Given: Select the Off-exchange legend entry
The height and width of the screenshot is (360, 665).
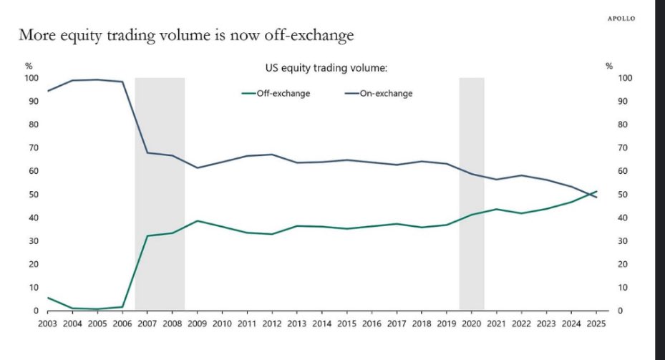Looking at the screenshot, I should coord(276,93).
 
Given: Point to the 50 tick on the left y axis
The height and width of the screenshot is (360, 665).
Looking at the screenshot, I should coord(33,195).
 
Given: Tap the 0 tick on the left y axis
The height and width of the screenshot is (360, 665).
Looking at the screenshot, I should coord(36,311).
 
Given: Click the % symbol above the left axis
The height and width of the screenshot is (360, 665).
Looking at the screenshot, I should coord(29,66).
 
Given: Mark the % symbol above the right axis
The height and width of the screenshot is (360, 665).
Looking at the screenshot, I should coord(609,66).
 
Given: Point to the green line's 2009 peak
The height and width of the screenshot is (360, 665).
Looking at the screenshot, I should coord(198,220).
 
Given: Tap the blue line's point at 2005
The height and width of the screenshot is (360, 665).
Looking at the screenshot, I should coord(98,79).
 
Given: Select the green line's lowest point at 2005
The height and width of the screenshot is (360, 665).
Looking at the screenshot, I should coord(98,309).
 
